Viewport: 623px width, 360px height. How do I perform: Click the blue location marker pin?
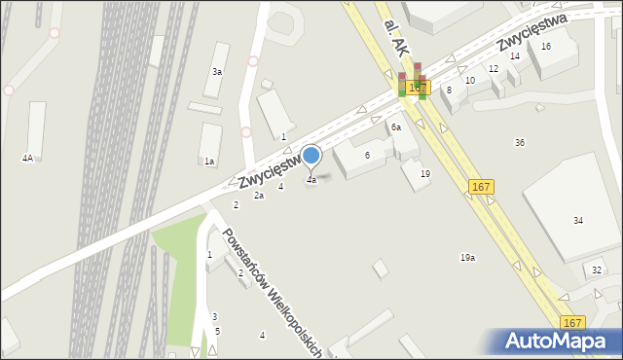pos(311,156)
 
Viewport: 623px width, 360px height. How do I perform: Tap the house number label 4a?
pos(311,180)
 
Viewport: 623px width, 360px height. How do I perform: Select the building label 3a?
pos(217,72)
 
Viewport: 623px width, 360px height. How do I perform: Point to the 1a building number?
pos(209,162)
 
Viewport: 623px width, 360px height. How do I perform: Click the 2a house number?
pos(259,196)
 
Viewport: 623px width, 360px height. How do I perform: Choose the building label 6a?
pos(396,127)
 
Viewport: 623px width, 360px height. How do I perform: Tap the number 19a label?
pos(467,258)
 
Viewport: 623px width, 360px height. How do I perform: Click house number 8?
pos(449,90)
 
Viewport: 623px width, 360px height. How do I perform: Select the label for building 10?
pos(470,80)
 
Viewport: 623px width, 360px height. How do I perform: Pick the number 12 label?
pos(494,68)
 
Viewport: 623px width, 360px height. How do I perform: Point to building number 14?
pos(515,56)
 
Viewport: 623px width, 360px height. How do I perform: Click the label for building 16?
pos(546,46)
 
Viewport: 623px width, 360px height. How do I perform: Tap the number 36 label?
pos(520,142)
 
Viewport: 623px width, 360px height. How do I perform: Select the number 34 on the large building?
pos(578,221)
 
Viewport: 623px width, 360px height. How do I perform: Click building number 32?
pos(597,270)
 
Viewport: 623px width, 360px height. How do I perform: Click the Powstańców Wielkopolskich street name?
pos(272,290)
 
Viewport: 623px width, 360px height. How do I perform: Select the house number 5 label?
pos(218,331)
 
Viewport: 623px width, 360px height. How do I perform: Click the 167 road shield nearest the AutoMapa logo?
pos(572,322)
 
